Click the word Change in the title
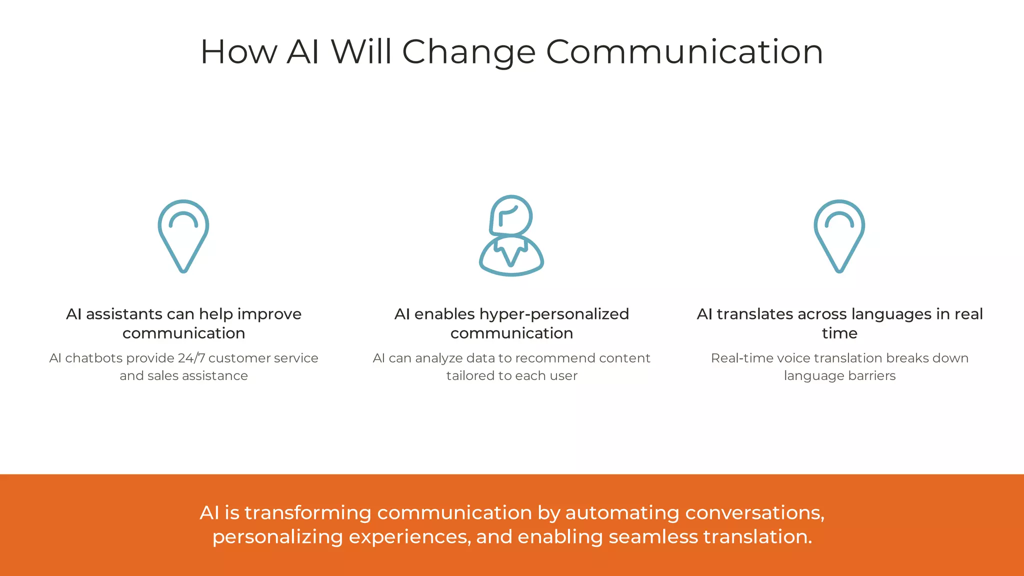468,52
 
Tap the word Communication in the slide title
684,52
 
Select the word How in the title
238,52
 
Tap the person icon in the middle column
511,235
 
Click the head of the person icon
511,215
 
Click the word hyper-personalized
554,314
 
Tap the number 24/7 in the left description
191,358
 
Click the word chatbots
94,358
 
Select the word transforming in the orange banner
307,513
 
